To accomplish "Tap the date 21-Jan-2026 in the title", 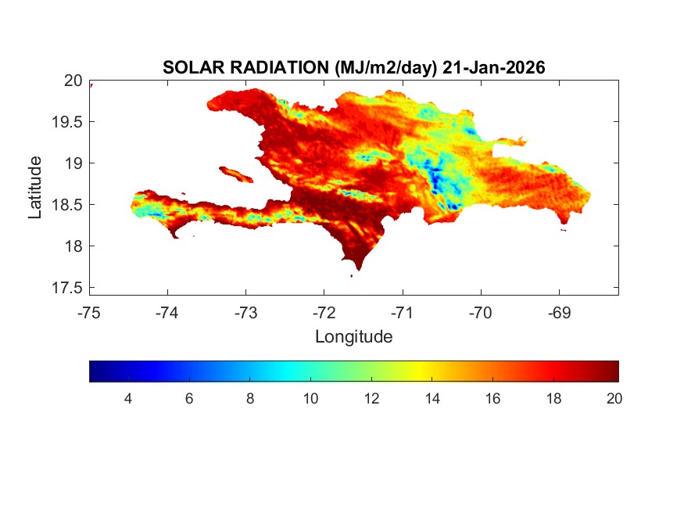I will pos(493,68).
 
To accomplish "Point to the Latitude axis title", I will pos(35,187).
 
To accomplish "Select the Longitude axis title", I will pos(353,337).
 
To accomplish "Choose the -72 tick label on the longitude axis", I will pos(324,313).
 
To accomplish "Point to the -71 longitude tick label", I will pos(402,313).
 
